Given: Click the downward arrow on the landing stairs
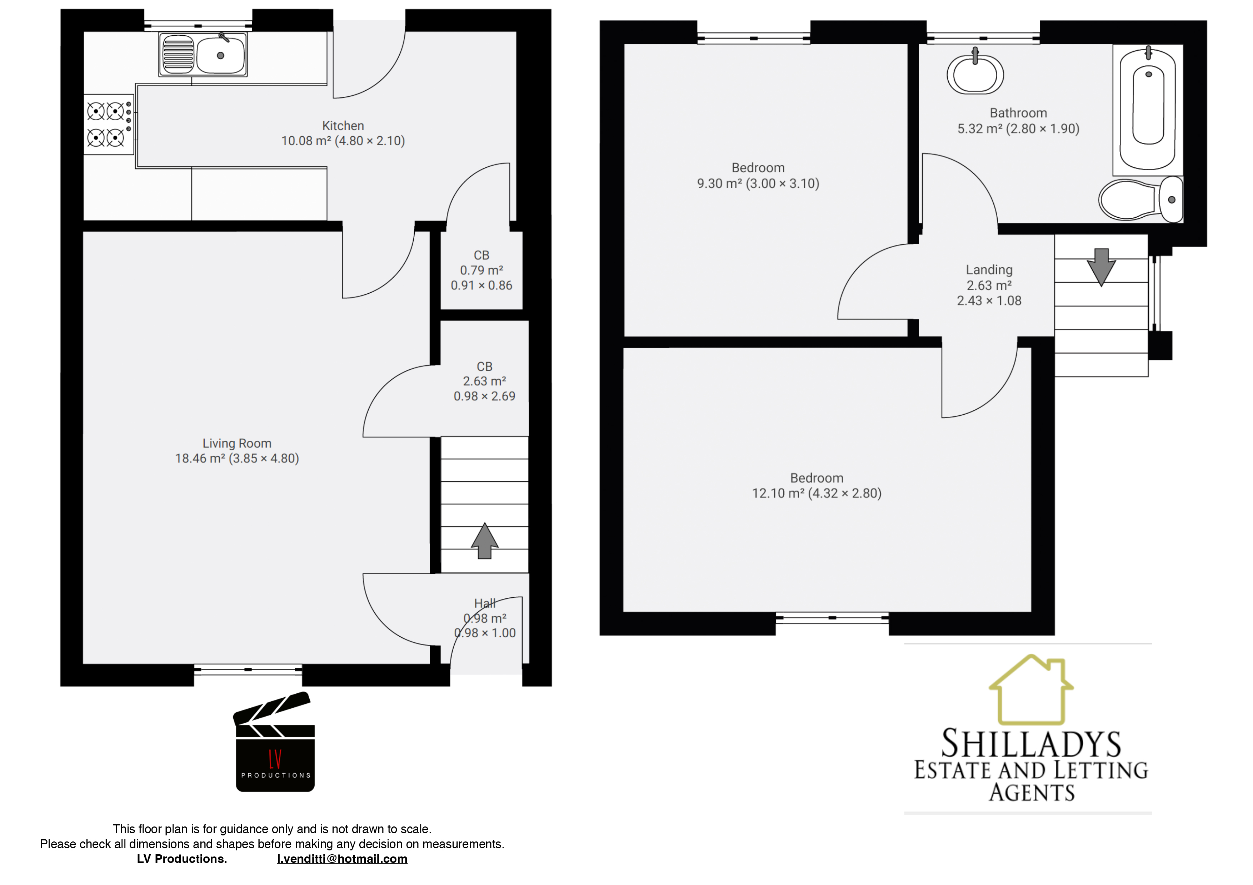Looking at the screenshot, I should click(x=1101, y=267).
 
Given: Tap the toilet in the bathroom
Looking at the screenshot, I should click(x=1139, y=199).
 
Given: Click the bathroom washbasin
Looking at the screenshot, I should click(x=975, y=74).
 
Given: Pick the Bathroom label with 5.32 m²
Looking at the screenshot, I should click(x=1018, y=121).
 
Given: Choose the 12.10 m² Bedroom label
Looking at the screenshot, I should click(x=817, y=486).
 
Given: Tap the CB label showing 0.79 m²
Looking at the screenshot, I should click(x=481, y=270).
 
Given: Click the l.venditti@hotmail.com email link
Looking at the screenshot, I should click(x=342, y=859).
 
